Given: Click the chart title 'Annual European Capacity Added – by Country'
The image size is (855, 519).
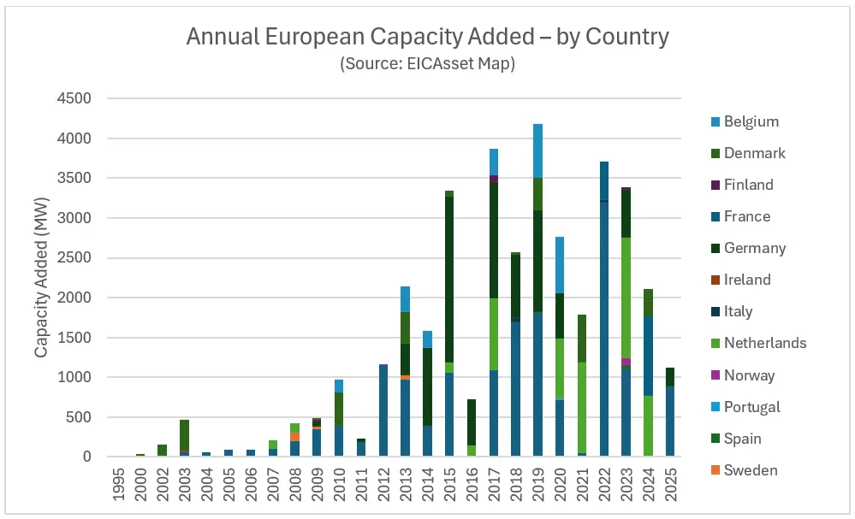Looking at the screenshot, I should tap(427, 38).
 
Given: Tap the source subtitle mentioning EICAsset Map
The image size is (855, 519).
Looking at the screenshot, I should tap(427, 64).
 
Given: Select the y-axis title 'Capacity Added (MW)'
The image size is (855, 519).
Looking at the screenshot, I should tap(41, 278).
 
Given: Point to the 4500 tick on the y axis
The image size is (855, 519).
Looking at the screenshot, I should tap(74, 98).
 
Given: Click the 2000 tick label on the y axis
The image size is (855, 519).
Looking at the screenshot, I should tap(74, 298).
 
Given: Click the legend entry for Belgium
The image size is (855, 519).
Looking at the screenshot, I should tap(751, 121).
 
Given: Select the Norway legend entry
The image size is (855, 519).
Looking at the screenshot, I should tap(749, 375).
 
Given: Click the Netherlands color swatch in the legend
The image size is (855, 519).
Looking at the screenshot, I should tap(712, 344).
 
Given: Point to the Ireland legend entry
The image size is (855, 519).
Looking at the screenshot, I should tap(747, 280).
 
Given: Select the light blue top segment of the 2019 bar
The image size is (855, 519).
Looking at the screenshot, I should tap(538, 150).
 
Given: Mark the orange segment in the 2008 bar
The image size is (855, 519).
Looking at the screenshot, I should tap(294, 436).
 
